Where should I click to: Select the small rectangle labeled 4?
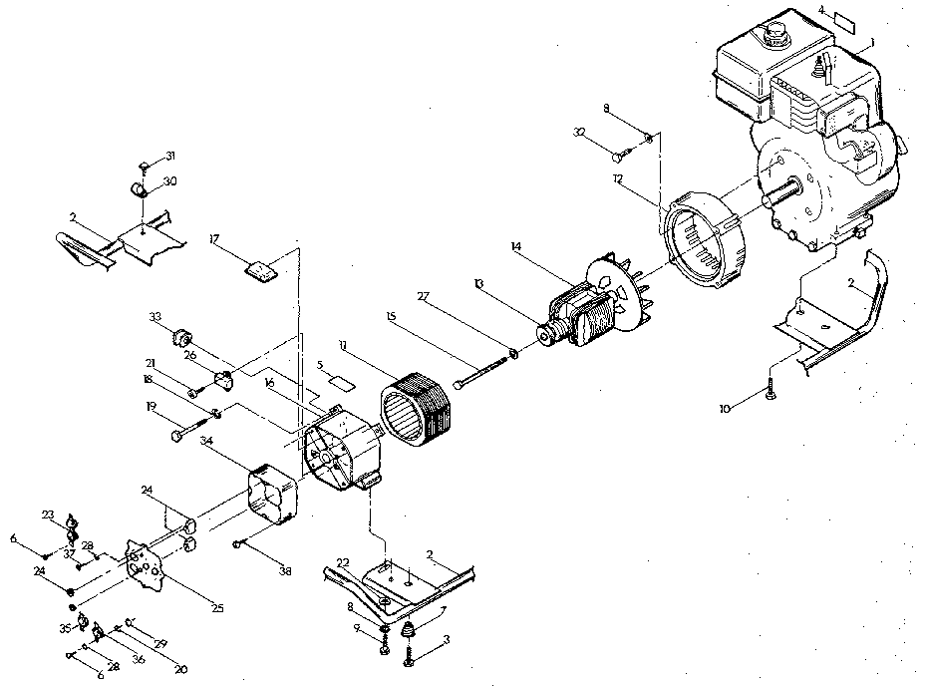pos(844,21)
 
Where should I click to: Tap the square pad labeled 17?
pos(259,270)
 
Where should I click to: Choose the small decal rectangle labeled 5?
pos(343,381)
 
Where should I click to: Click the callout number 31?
pos(170,156)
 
